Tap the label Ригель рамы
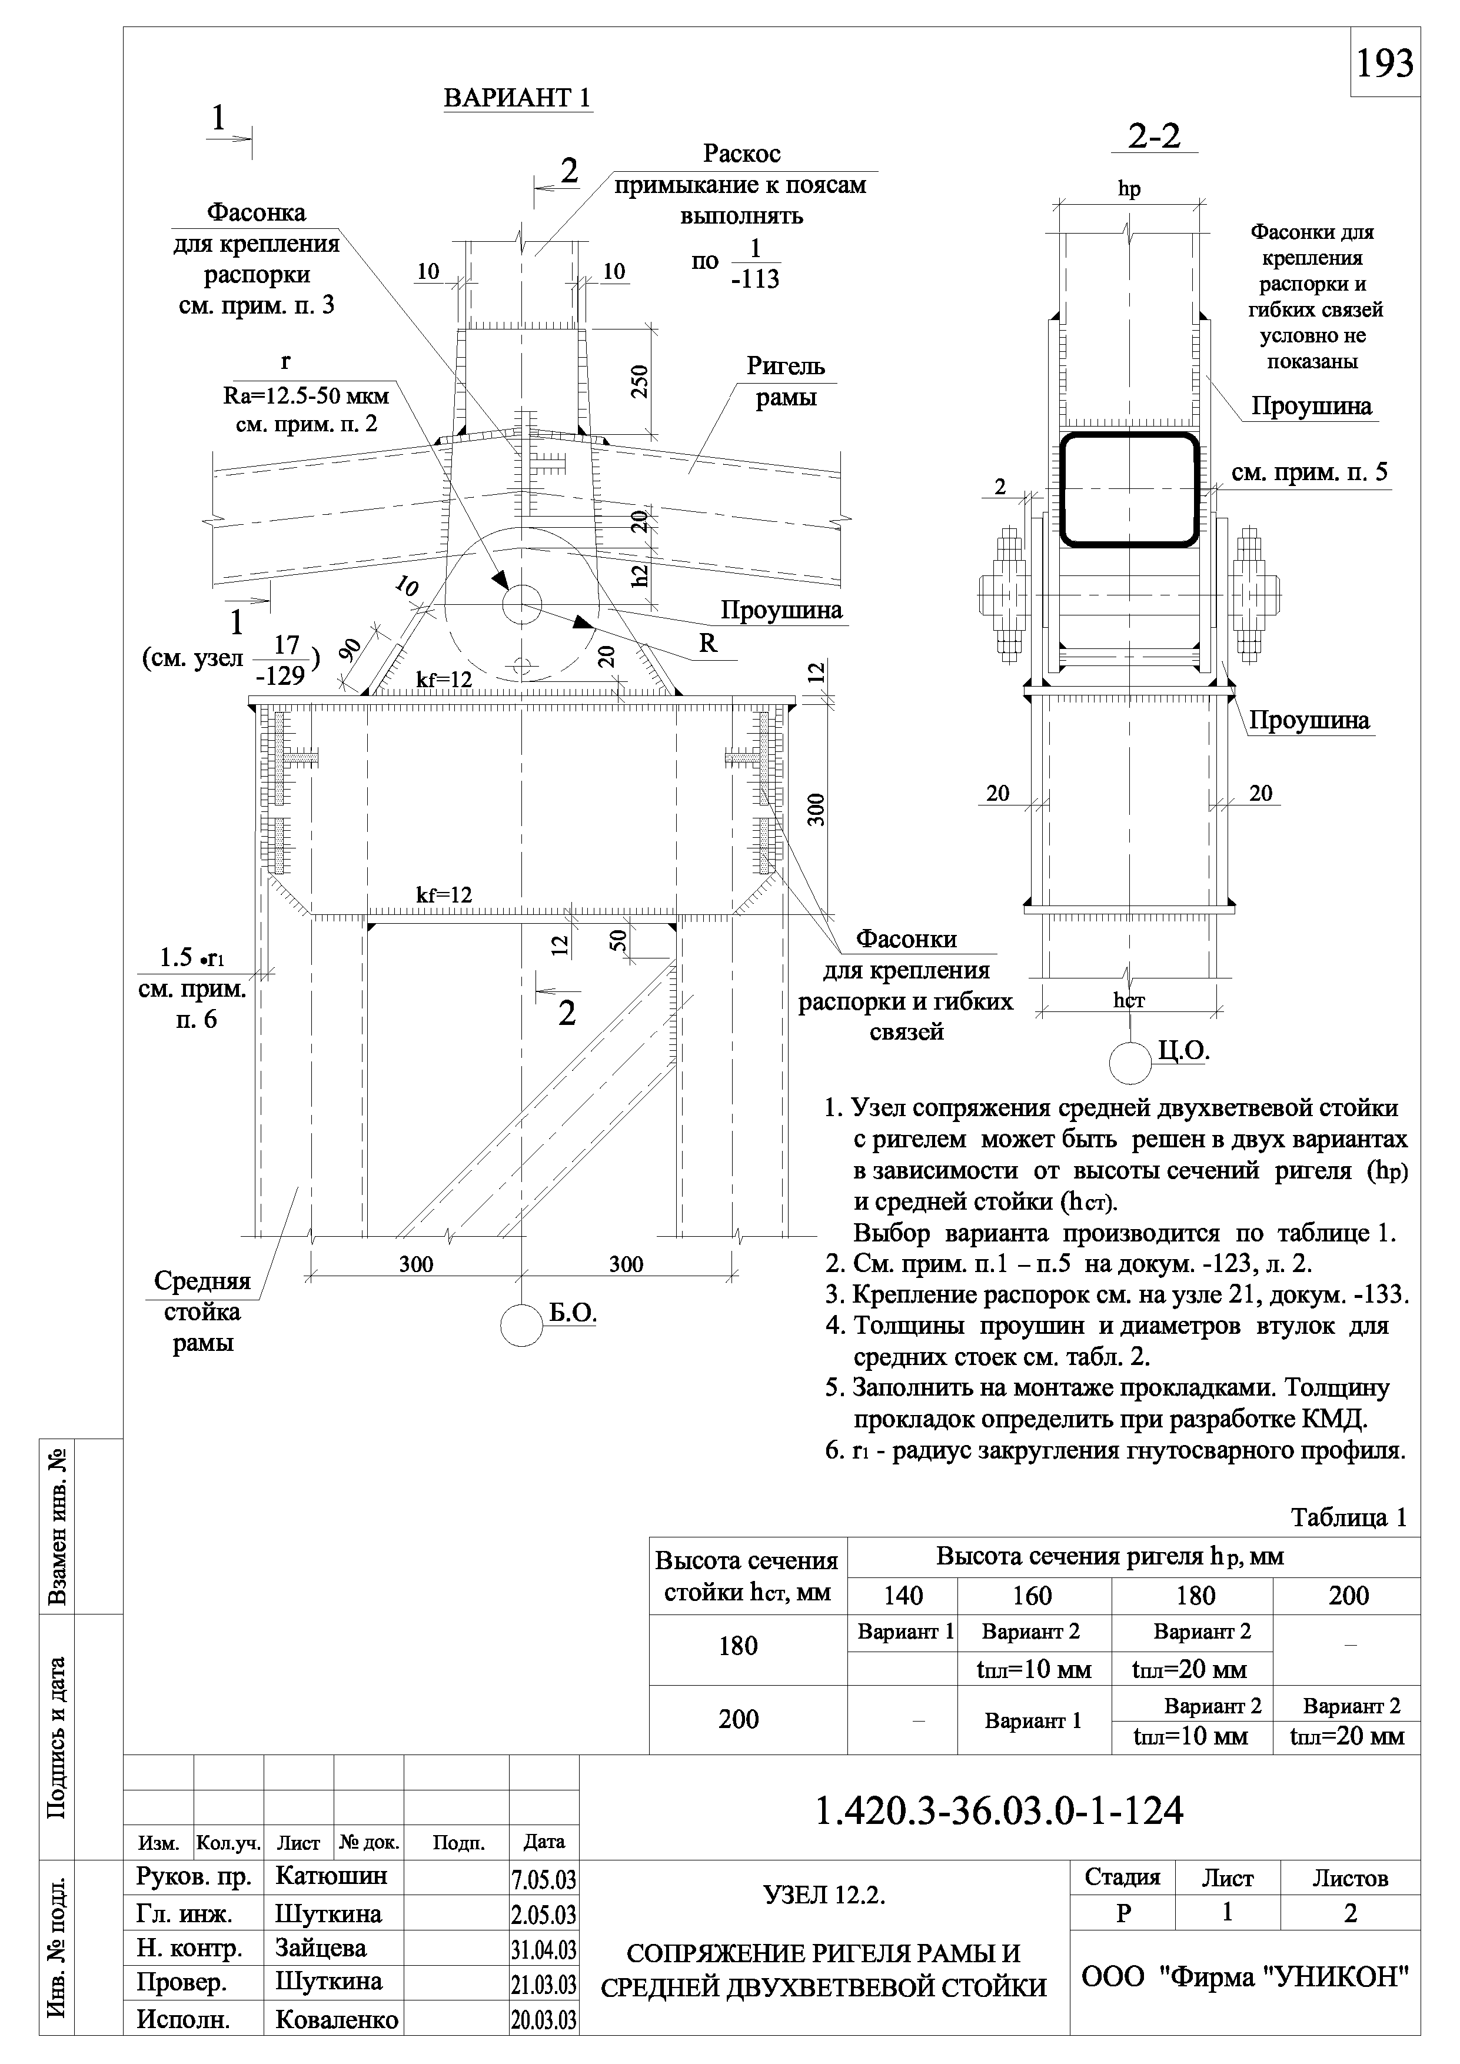pos(785,381)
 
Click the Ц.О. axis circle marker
pos(1130,1063)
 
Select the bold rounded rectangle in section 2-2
pos(1130,489)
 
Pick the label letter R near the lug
pos(709,644)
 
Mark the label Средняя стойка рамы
pos(202,1311)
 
